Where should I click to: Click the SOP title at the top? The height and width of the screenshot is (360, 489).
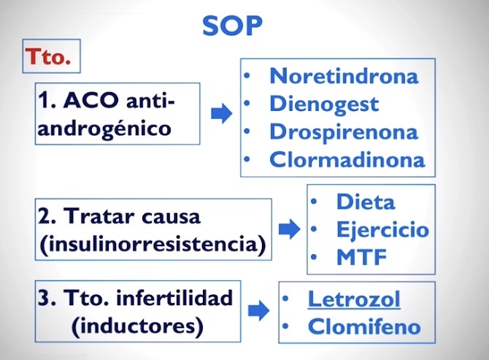(x=232, y=26)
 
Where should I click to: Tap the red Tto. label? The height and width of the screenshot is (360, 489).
(x=48, y=56)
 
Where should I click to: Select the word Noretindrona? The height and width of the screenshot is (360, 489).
(x=344, y=76)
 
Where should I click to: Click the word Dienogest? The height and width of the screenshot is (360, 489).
(x=324, y=104)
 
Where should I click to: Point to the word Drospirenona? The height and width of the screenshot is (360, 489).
(x=344, y=132)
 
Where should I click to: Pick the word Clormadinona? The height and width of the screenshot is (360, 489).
(x=347, y=160)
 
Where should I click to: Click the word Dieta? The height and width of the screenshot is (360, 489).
(x=366, y=202)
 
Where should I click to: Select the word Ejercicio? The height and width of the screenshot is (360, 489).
(x=382, y=230)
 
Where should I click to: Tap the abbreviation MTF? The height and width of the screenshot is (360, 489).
(x=362, y=257)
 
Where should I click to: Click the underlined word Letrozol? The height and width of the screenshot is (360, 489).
(x=354, y=299)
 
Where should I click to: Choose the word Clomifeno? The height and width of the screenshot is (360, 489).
(x=364, y=326)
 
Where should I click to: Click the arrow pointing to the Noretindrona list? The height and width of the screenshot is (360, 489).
(x=221, y=113)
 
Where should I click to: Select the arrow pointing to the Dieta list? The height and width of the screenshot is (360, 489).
(x=289, y=229)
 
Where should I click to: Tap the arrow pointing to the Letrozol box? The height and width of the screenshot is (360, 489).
(x=258, y=311)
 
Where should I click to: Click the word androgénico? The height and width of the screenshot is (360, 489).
(x=104, y=129)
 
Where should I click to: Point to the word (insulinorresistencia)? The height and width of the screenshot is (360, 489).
(x=153, y=245)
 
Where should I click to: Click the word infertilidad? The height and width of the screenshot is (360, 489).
(x=174, y=297)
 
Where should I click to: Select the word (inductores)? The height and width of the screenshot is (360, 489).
(x=137, y=326)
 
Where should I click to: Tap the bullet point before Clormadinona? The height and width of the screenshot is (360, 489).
(x=247, y=159)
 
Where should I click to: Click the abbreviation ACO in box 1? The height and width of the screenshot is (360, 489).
(x=91, y=101)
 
